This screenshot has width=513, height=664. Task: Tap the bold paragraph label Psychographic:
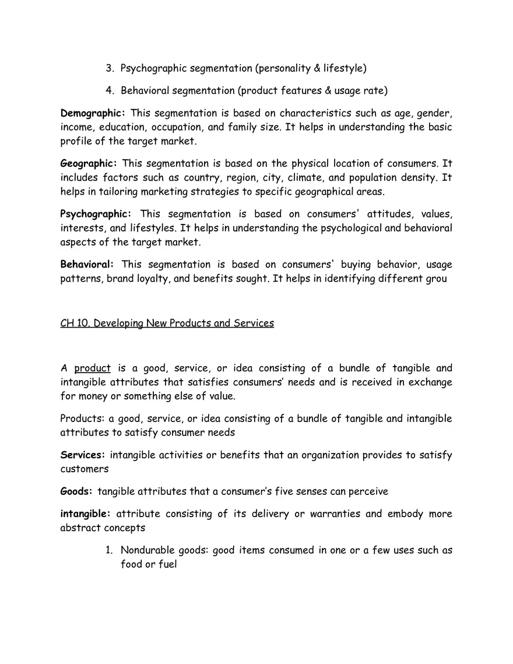[x=96, y=214]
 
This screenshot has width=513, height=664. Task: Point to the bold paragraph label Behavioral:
[x=87, y=265]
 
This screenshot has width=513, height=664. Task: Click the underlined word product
[x=92, y=368]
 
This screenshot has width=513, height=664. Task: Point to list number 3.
[x=110, y=68]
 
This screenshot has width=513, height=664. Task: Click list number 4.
[x=110, y=90]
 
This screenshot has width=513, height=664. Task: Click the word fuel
[x=167, y=564]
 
